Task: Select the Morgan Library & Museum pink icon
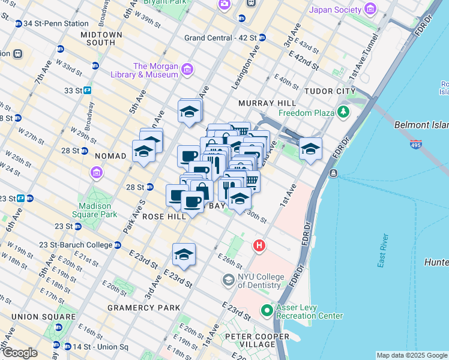point(187,70)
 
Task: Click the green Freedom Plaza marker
point(343,112)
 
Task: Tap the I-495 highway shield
point(417,144)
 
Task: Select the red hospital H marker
point(259,245)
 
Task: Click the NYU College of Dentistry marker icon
point(228,280)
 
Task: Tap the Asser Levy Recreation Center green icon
point(268,311)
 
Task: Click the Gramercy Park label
point(143,308)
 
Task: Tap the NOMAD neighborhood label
point(110,156)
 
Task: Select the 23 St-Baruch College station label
point(76,245)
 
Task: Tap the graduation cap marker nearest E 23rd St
point(184,254)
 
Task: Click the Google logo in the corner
point(19,353)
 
